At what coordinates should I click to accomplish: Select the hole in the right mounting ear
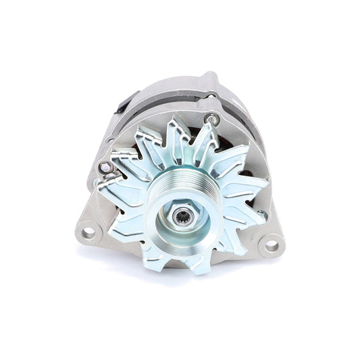(x=273, y=245)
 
